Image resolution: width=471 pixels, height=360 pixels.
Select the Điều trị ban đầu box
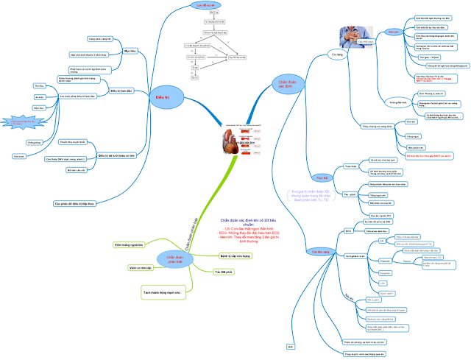click(121, 91)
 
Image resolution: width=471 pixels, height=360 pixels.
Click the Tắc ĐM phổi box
click(214, 272)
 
